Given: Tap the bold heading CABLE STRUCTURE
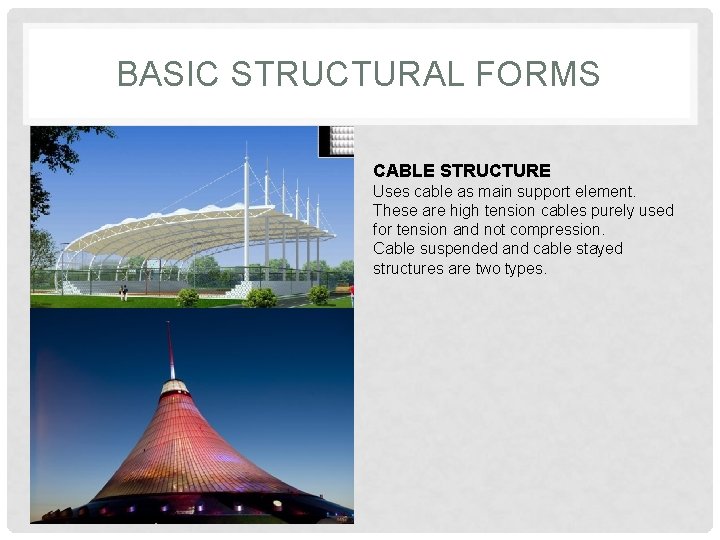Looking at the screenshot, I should [461, 171].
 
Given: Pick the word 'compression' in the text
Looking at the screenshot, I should [554, 229].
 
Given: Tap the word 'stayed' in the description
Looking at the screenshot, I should [599, 248].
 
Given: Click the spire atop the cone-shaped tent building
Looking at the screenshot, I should [170, 350].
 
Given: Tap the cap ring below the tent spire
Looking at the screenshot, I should [174, 387].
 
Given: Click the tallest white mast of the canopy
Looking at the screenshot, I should [246, 210].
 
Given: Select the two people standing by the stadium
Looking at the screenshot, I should [123, 292].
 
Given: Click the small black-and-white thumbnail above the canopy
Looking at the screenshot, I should [336, 141].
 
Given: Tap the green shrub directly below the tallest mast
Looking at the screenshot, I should [261, 297].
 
